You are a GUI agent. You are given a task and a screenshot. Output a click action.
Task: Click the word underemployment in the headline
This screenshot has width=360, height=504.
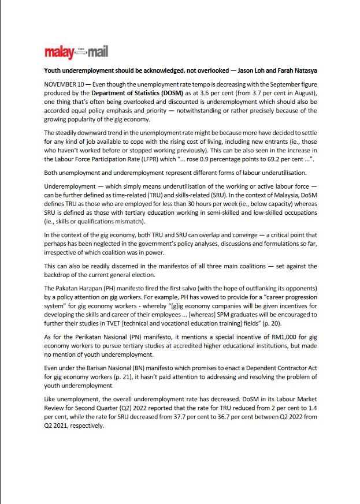point(93,70)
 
